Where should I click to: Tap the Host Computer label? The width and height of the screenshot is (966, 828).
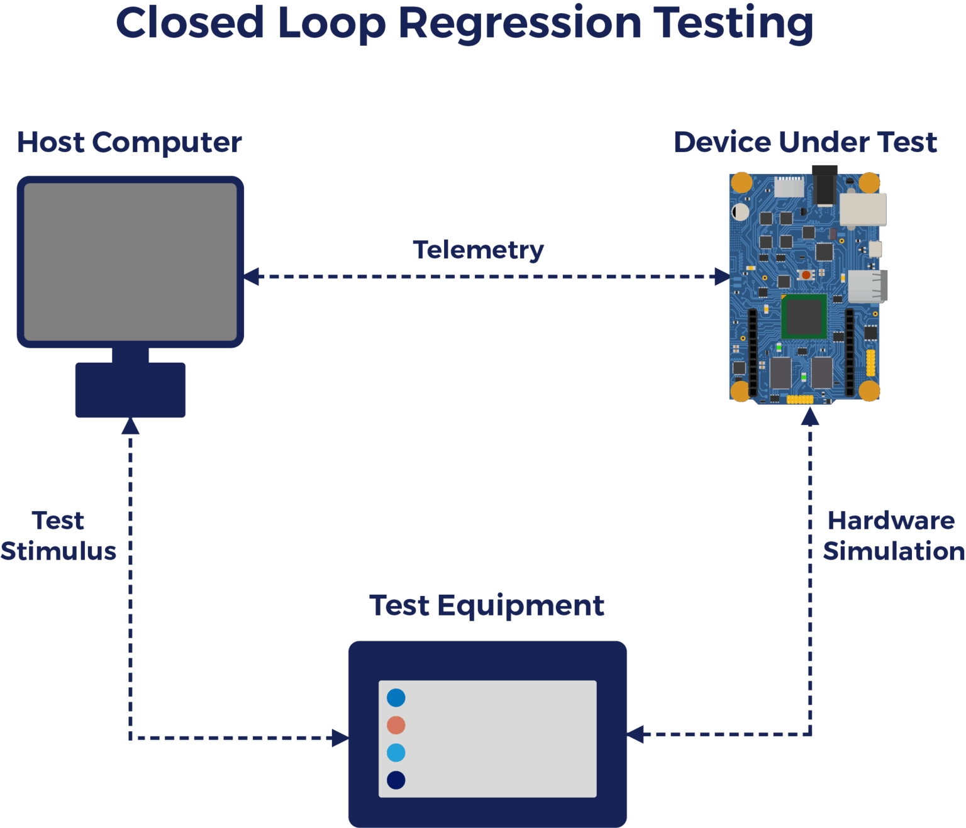[129, 142]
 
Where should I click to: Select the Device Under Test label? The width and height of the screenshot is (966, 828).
[804, 142]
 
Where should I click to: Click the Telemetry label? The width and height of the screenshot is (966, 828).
[478, 250]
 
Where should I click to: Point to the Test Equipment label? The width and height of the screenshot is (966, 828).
[486, 605]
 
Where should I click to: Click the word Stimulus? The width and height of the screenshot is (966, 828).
[58, 551]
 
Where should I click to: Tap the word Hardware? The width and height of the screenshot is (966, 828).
[890, 521]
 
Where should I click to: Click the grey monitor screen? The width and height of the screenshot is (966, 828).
[130, 261]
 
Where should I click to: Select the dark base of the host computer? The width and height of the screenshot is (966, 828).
[130, 390]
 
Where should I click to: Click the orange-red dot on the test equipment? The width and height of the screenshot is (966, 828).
[396, 725]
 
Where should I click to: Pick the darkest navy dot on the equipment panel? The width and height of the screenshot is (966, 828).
[396, 780]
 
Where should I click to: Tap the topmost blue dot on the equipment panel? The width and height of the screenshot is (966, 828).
[396, 697]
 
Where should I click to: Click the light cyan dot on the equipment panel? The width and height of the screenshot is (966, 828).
[396, 753]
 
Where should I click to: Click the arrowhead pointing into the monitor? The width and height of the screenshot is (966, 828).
[252, 277]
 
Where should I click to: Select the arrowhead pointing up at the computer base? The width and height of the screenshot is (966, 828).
[130, 427]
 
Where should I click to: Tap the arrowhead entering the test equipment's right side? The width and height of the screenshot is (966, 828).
[636, 734]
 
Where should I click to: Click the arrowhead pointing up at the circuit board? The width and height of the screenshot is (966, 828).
[809, 416]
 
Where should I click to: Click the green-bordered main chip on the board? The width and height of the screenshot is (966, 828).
[804, 316]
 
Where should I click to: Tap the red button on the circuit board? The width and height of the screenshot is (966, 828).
[806, 275]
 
